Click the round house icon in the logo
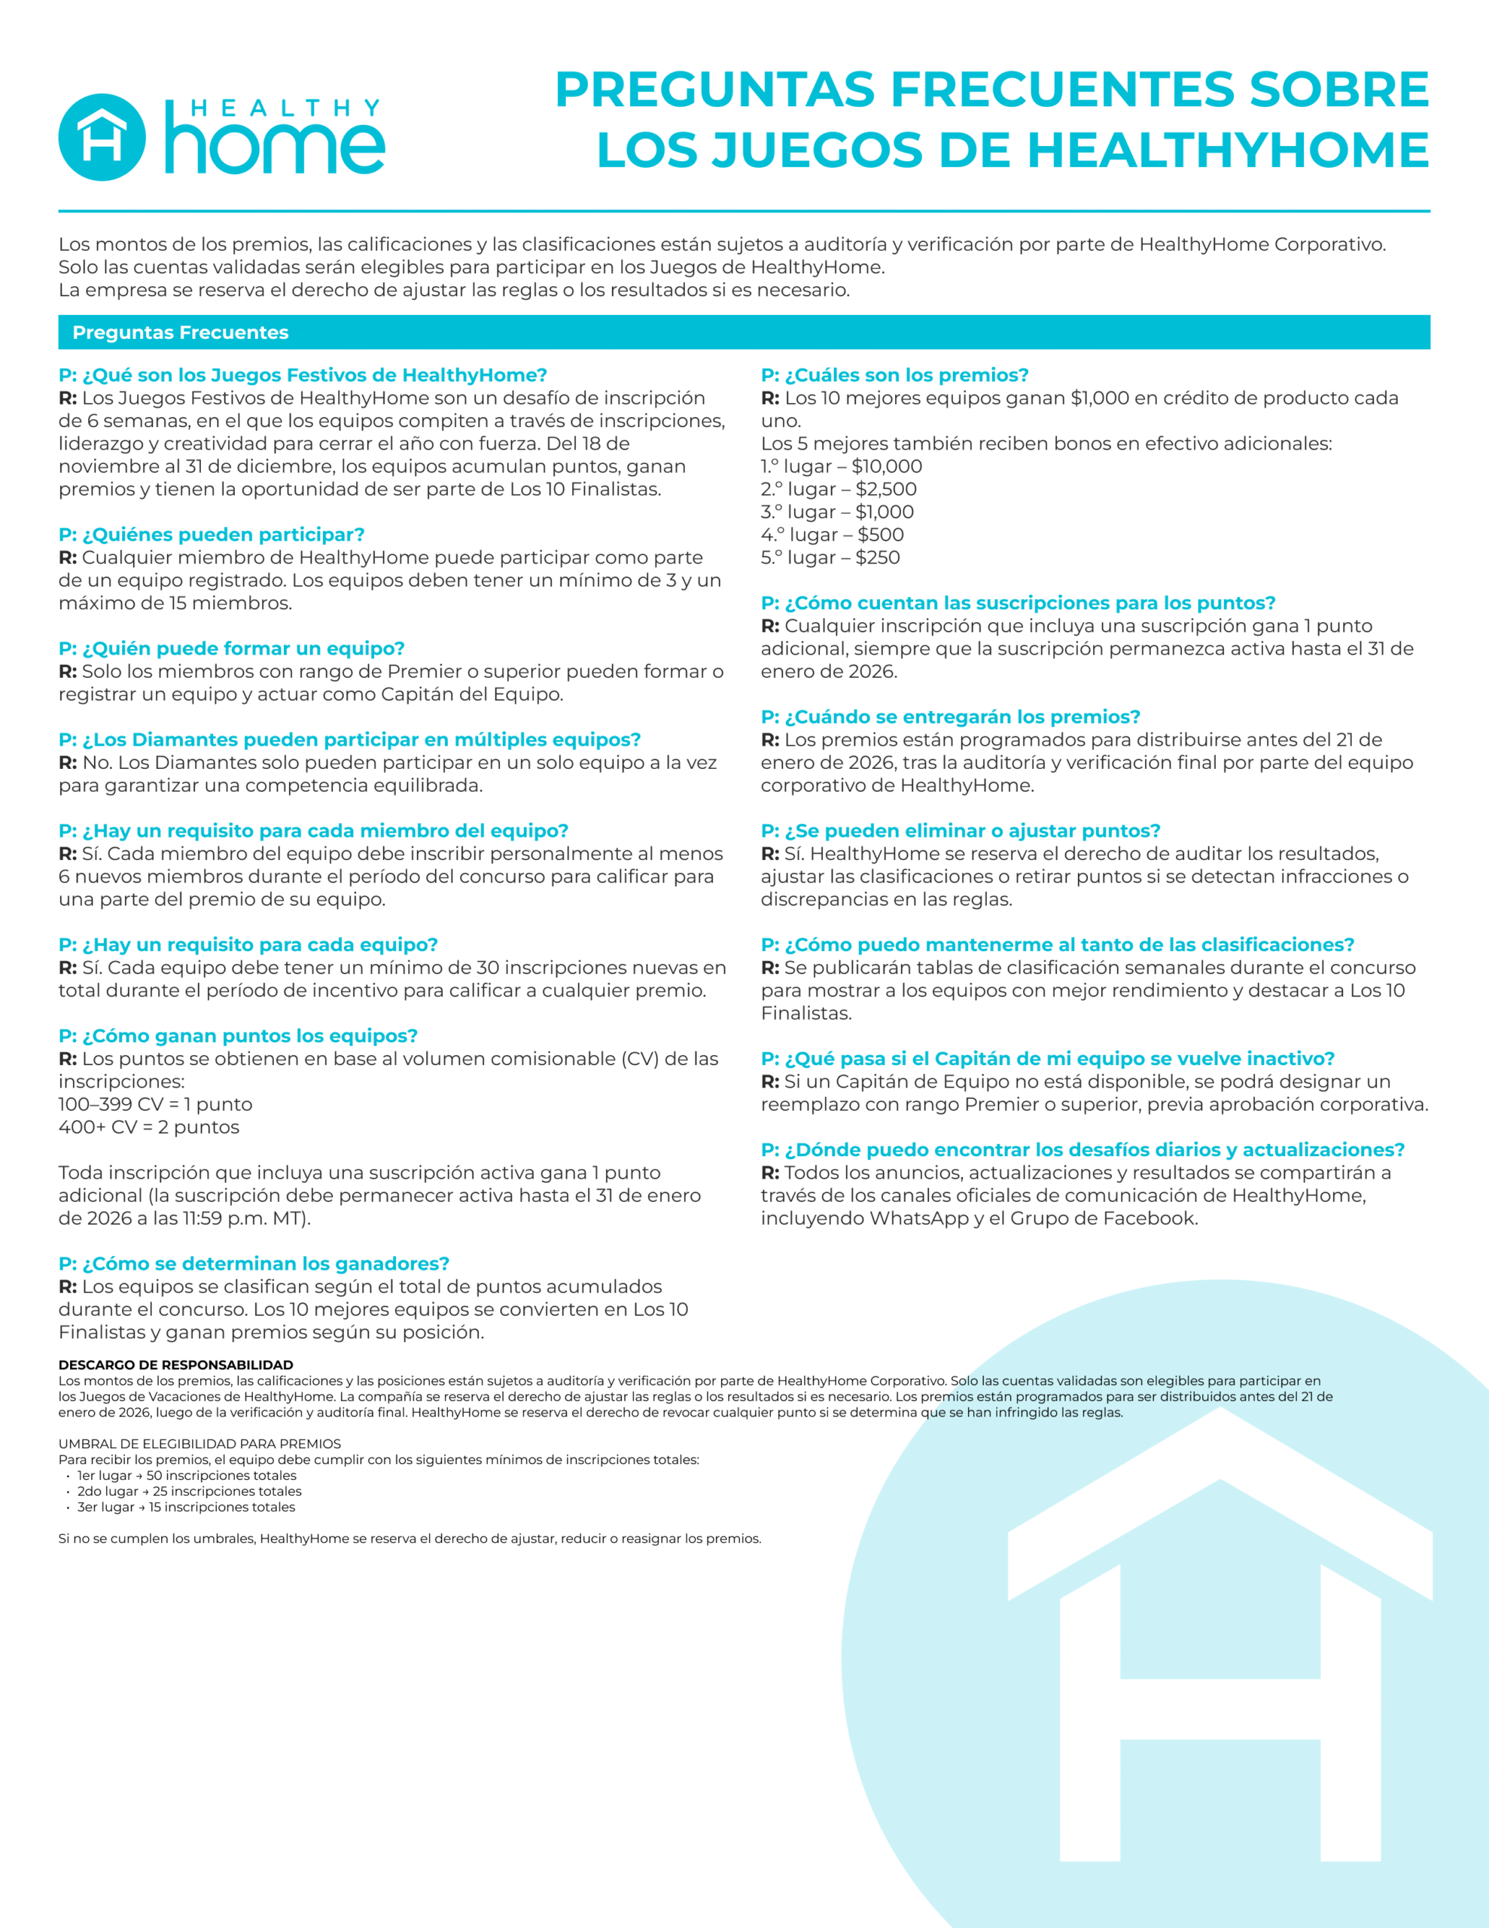coord(102,137)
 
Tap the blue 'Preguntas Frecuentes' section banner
coord(744,332)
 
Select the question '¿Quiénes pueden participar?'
coord(212,534)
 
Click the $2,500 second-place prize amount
coord(886,489)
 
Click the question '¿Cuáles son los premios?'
coord(895,375)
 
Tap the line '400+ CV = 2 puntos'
coord(148,1127)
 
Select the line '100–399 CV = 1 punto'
coord(155,1103)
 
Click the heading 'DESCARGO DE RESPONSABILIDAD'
coord(175,1364)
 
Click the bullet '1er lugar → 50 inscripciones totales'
coord(186,1475)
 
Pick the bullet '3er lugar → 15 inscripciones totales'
coord(185,1507)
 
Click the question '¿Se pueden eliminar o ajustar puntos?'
coord(961,831)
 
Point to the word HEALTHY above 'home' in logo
coord(285,108)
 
